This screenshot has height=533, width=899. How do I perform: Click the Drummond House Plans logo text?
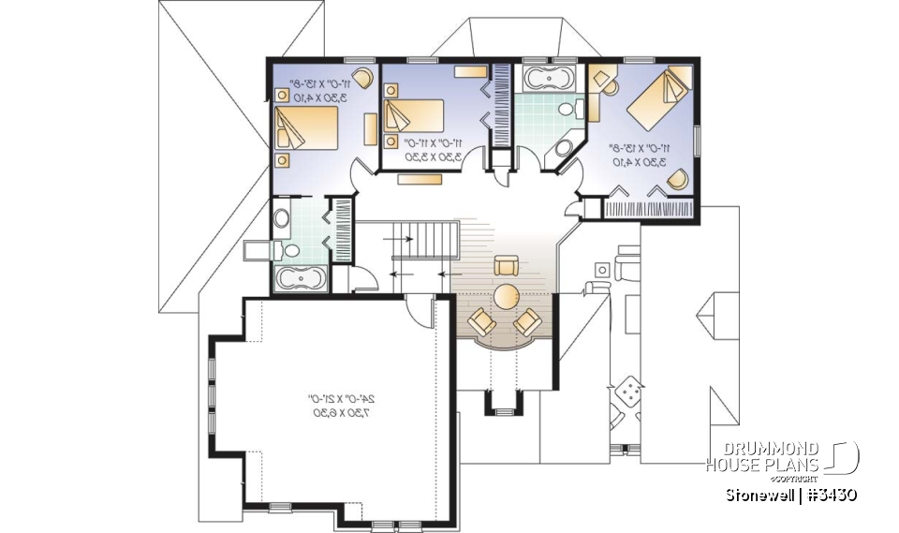(762, 457)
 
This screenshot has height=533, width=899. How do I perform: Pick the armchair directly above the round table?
(507, 264)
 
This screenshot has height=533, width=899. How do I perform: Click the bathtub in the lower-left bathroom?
(301, 277)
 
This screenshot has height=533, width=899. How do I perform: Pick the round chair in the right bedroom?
(682, 175)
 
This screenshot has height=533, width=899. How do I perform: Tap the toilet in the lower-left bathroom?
(288, 249)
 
